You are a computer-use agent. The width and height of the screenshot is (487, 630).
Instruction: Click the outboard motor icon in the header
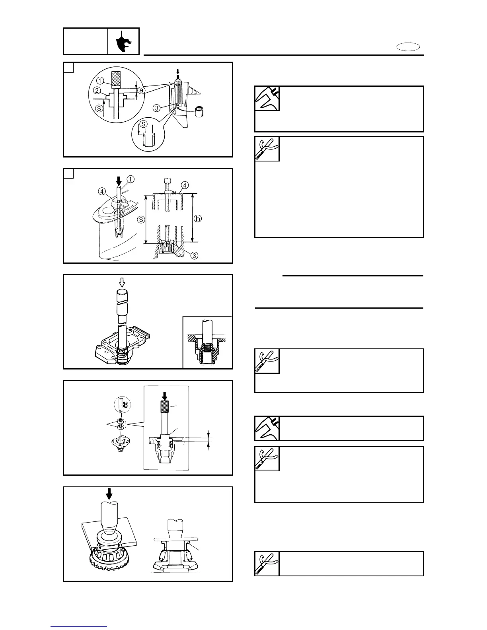tap(123, 41)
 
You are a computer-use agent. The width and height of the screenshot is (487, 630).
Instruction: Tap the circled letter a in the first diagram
tap(141, 91)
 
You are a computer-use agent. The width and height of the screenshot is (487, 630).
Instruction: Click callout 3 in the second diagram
tap(194, 256)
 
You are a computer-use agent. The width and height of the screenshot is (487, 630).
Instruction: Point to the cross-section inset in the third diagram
tap(207, 342)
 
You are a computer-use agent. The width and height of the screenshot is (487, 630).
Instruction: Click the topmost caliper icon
tap(267, 98)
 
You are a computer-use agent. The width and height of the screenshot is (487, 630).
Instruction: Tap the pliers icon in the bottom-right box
tap(267, 564)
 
